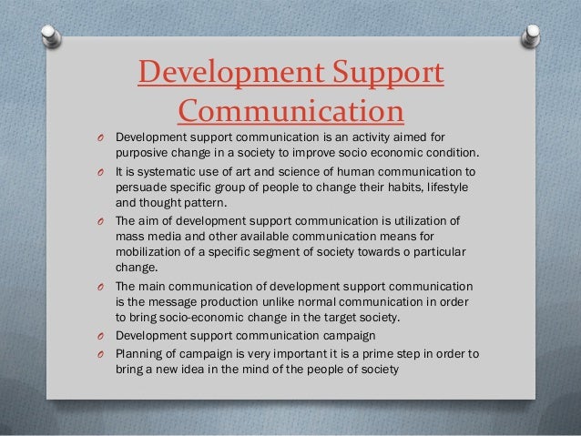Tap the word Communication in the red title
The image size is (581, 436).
point(290,112)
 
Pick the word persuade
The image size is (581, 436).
point(139,187)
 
